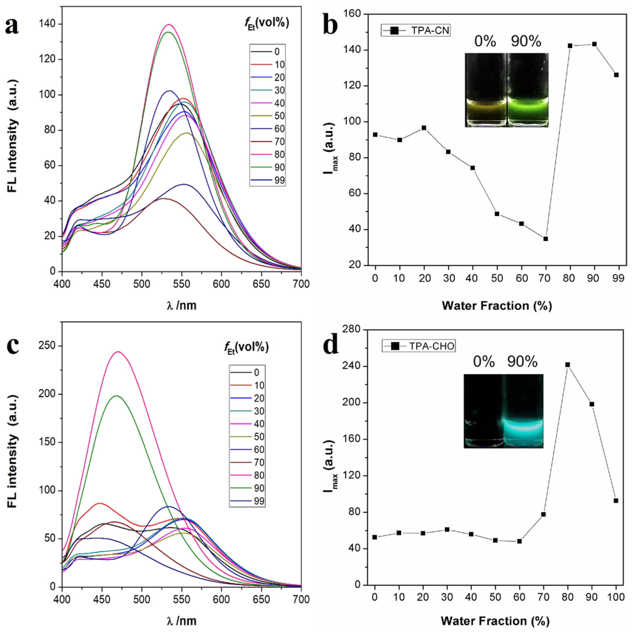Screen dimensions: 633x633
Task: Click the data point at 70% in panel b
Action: [x=546, y=239]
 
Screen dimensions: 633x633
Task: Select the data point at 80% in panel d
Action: [x=567, y=365]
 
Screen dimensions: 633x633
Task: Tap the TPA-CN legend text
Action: [x=430, y=30]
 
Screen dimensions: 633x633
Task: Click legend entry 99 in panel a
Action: [x=279, y=180]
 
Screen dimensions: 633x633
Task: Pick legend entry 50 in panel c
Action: [x=259, y=436]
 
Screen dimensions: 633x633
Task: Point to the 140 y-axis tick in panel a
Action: [x=48, y=24]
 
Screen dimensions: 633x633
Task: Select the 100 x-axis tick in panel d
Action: [x=616, y=597]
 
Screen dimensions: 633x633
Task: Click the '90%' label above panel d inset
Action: [x=522, y=361]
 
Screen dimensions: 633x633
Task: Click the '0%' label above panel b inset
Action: [x=485, y=41]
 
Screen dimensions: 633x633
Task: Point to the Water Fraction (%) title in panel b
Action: [x=497, y=306]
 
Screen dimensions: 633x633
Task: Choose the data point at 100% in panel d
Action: [x=616, y=501]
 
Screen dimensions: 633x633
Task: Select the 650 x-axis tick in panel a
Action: [x=261, y=284]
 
